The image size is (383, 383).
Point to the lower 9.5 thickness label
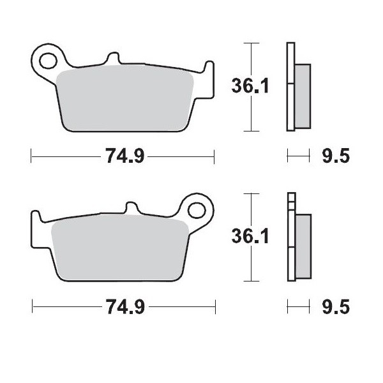(334, 308)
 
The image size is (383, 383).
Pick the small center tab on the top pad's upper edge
(113, 59)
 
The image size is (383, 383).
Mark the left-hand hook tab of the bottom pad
(37, 227)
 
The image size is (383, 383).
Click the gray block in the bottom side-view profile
(303, 246)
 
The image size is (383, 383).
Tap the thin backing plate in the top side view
(291, 86)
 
